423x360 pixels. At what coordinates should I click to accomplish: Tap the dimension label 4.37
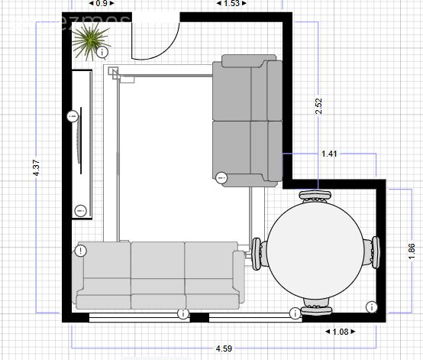coord(37,169)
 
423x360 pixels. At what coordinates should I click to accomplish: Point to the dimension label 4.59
coord(223,349)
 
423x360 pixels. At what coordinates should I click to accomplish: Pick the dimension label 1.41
coord(329,154)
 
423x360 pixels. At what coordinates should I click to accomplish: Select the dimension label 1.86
coord(412,250)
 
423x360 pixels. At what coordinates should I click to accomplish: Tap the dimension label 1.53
coord(231,4)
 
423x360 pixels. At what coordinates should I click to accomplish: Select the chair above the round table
coord(315,196)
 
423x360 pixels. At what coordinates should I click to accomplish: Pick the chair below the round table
coord(316,308)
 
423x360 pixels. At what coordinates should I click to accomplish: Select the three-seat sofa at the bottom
coord(158,275)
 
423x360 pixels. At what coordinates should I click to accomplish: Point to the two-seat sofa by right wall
coord(248,120)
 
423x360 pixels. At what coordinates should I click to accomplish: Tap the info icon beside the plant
coord(102,53)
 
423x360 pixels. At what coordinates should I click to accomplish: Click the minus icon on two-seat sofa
coord(221,177)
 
